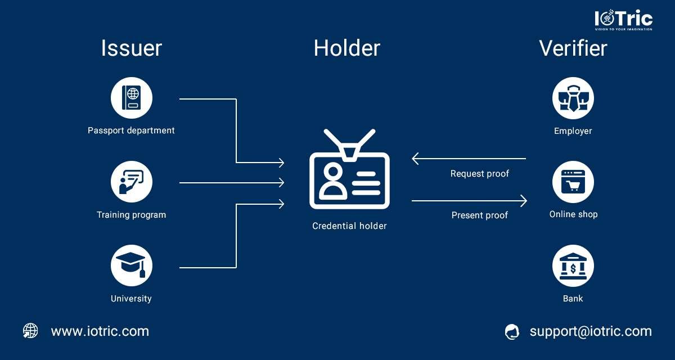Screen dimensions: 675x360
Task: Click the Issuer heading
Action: (x=132, y=48)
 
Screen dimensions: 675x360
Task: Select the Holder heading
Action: (x=347, y=48)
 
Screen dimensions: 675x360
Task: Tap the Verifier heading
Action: (x=573, y=48)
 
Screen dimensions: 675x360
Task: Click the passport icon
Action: (x=132, y=98)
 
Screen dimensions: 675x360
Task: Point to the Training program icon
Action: (x=132, y=182)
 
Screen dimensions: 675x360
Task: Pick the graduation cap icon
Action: (x=132, y=265)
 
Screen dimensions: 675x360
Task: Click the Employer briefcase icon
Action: (x=573, y=98)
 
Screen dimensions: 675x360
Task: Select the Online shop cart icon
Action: (x=573, y=182)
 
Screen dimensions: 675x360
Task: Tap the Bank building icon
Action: (x=573, y=265)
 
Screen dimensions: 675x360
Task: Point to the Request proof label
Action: (x=479, y=173)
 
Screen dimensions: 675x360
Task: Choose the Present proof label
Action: (x=479, y=215)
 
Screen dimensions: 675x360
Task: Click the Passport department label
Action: (x=131, y=130)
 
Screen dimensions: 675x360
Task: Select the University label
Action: (x=131, y=299)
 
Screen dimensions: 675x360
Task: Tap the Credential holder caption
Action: (x=349, y=226)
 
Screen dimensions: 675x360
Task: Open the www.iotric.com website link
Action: (x=100, y=331)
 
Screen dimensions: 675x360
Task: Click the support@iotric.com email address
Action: (x=591, y=332)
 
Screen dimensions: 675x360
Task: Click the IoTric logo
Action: (x=623, y=20)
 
